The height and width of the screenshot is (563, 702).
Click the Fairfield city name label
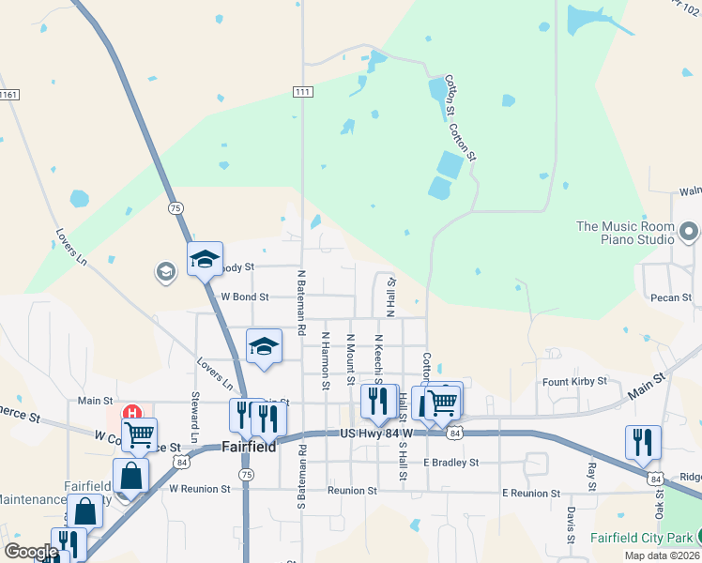pos(249,448)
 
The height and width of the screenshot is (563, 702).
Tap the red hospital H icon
pos(132,412)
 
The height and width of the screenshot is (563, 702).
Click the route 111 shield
pos(302,91)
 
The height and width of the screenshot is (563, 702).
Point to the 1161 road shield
pos(9,95)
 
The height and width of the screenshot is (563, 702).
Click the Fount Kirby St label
pos(574,382)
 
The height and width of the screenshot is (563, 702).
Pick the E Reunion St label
pos(530,493)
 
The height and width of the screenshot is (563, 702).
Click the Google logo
pos(30,552)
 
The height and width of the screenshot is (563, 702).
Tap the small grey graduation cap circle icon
pos(165,272)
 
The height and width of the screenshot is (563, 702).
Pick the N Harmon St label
pos(326,360)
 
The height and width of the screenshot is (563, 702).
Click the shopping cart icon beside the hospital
pos(140,434)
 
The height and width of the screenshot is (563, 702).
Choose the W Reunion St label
pos(199,489)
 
